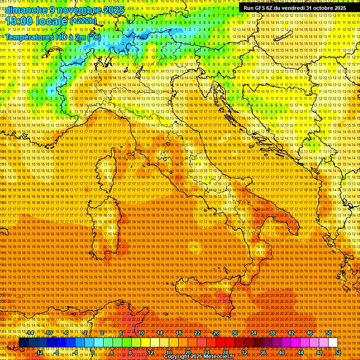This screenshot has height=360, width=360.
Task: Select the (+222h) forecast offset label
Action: click(83, 21)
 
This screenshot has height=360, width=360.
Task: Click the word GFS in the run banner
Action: click(260, 8)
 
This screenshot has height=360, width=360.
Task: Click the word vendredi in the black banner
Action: click(293, 8)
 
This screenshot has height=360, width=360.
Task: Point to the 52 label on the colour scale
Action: click(338, 352)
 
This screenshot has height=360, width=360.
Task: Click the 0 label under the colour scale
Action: click(93, 352)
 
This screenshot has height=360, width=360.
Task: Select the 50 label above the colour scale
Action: click(328, 333)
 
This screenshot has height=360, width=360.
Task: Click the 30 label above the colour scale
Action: click(234, 333)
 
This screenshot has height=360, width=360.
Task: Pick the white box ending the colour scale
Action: click(333, 343)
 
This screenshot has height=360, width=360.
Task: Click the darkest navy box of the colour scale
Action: click(23, 343)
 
